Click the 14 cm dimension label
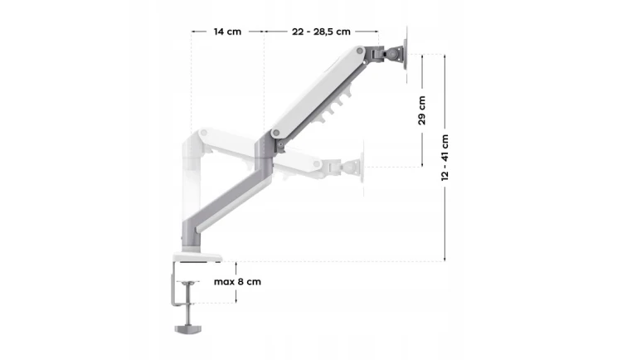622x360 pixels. coord(227,32)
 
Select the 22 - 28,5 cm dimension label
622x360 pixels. coord(321,32)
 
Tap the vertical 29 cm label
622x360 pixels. coord(421,110)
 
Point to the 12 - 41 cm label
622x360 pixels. coord(445,158)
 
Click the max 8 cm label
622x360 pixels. coord(237,282)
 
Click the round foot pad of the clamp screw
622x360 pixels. coord(188,329)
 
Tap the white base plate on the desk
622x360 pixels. coord(197,257)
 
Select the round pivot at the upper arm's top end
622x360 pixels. coord(359,51)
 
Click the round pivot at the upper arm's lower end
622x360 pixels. coord(276,133)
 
